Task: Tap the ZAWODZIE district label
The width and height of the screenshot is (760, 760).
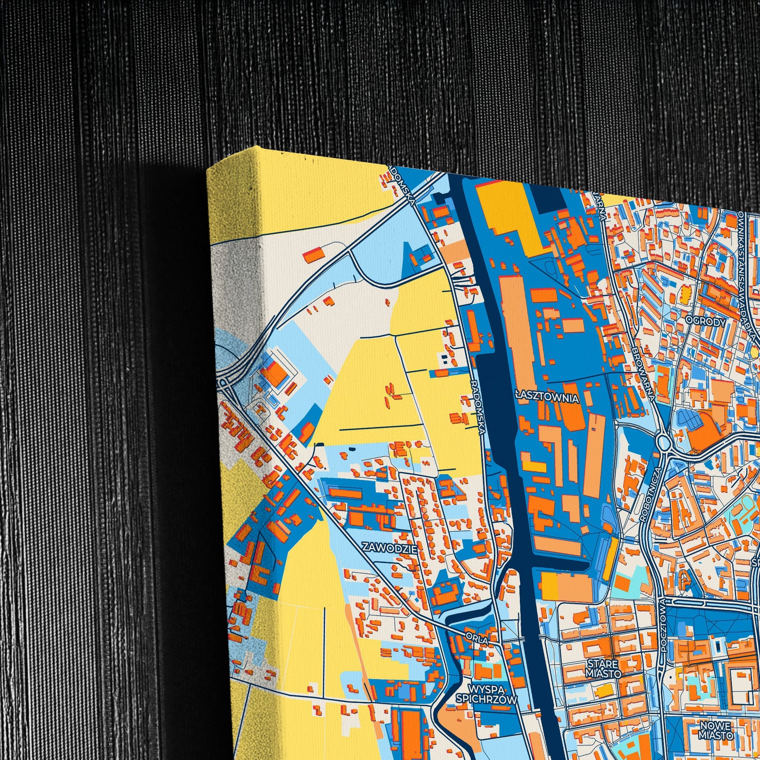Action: (390, 547)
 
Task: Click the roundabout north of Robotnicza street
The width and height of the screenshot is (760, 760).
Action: (663, 442)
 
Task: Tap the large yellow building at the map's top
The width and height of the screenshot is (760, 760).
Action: (507, 212)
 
